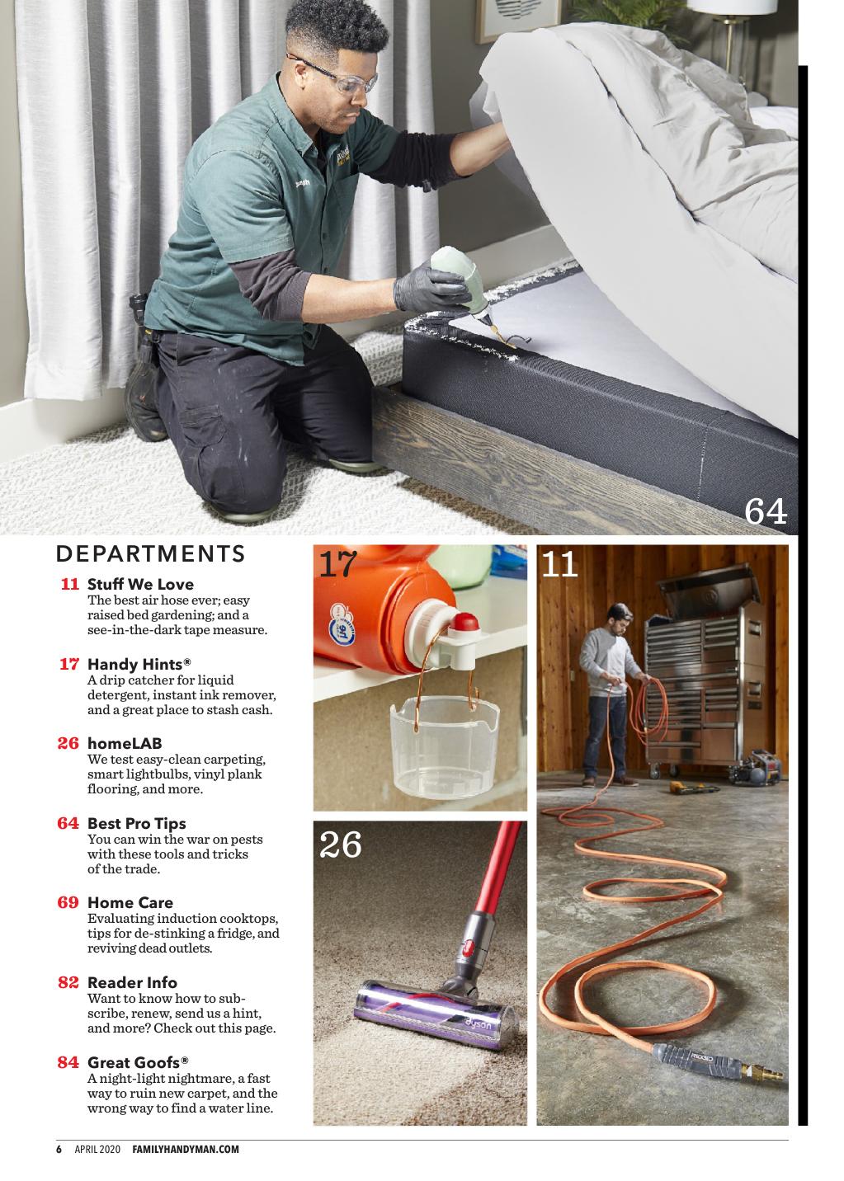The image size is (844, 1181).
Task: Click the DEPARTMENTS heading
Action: point(150,553)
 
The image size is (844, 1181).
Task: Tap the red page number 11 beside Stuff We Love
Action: point(69,584)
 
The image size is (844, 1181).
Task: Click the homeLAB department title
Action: point(125,743)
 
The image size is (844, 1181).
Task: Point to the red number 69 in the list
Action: point(68,902)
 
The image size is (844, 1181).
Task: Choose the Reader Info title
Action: point(132,982)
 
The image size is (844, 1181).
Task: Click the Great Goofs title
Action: point(138,1062)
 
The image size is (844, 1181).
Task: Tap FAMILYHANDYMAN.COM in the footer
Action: point(186,1149)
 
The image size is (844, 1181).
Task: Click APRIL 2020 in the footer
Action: point(97,1149)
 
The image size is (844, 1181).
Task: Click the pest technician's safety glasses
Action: point(334,75)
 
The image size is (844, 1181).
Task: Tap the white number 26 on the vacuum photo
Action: point(340,845)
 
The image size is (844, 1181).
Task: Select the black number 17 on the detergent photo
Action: point(338,563)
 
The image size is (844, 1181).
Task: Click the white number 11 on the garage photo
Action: point(559,564)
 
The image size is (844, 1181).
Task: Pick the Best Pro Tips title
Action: point(137,823)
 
